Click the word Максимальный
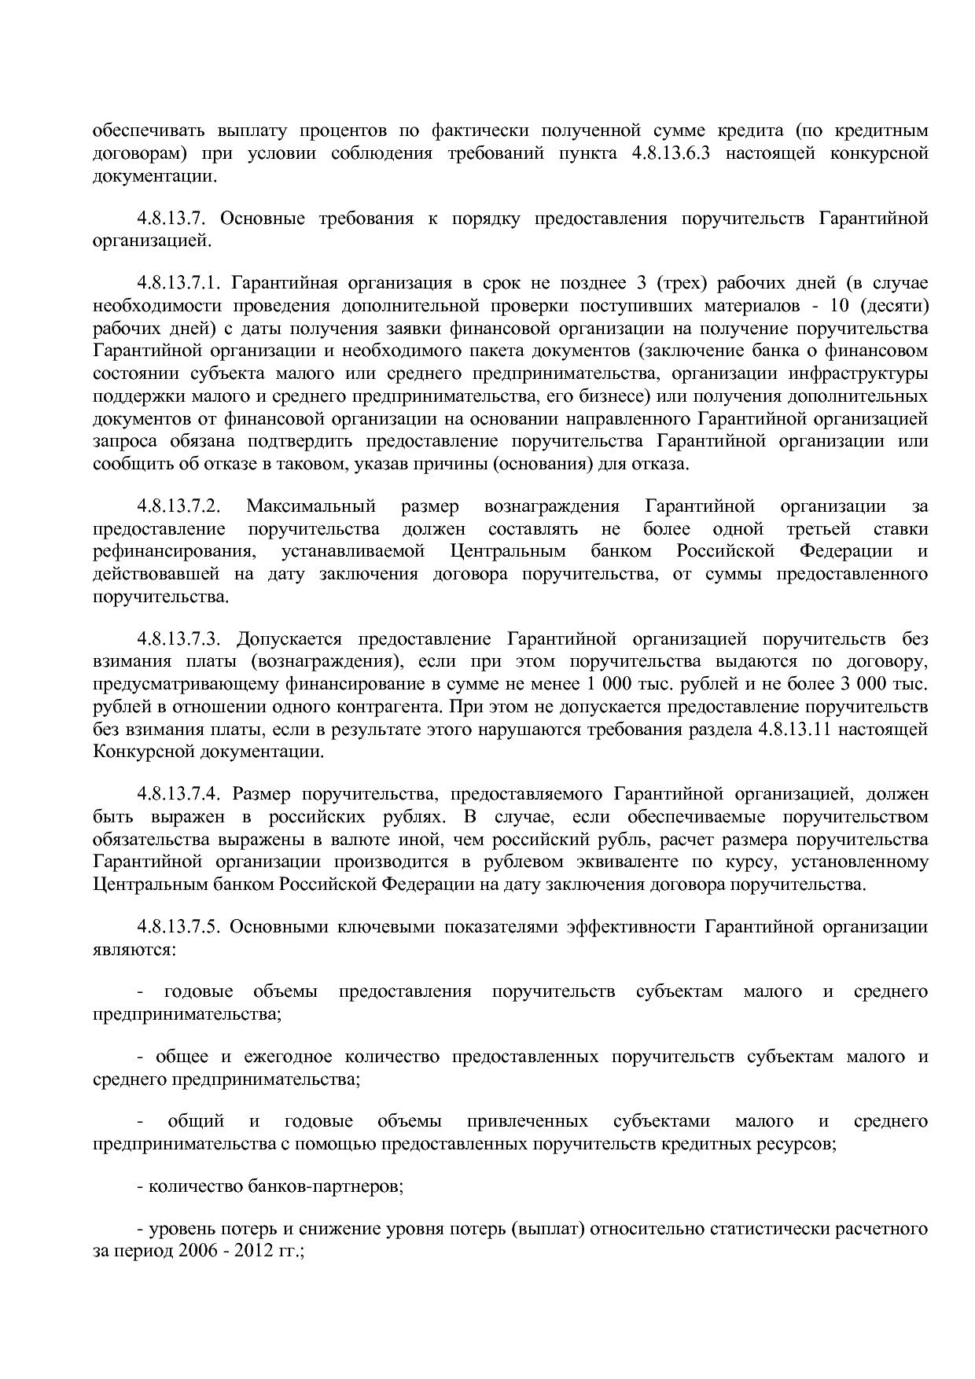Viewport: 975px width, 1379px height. (311, 506)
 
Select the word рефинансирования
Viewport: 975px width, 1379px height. (174, 551)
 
